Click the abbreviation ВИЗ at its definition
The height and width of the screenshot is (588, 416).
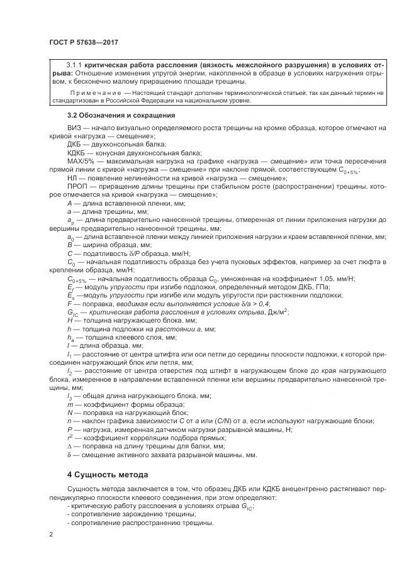[74, 128]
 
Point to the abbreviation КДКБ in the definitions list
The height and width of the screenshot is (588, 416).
[77, 153]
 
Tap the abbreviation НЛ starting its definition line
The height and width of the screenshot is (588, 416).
[72, 179]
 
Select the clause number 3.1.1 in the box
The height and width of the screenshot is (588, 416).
[76, 65]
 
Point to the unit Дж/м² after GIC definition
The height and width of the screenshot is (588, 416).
[278, 311]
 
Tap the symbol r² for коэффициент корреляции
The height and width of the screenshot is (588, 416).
[69, 437]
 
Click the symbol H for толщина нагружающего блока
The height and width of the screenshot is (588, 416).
[69, 319]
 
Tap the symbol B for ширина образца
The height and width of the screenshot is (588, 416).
[69, 244]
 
